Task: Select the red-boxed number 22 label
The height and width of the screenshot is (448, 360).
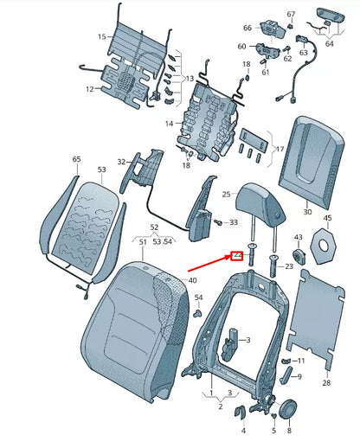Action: pos(234,256)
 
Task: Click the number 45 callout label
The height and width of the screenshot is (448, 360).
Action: pos(327,219)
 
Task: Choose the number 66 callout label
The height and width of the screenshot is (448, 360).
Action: pos(247,28)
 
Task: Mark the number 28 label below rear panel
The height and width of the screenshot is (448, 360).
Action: pos(325,382)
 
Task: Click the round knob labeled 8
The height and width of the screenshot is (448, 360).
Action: pos(288,407)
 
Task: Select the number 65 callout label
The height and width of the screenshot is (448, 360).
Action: pos(76,160)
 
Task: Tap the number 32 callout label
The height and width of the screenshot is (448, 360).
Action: pos(122,161)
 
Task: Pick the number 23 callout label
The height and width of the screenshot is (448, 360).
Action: pos(288,266)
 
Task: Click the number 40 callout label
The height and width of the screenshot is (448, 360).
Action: pos(192,280)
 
